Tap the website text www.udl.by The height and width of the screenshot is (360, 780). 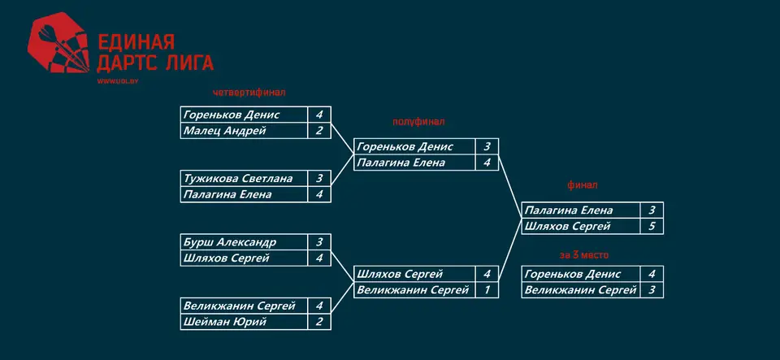coord(117,81)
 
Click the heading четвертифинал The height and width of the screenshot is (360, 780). coord(249,93)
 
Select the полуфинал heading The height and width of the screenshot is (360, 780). coord(418,122)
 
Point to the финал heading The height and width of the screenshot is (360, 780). coord(583,185)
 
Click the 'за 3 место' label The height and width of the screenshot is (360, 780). coord(584,255)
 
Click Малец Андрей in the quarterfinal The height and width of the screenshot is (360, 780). coord(225,131)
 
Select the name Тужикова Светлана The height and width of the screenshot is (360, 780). coord(238,179)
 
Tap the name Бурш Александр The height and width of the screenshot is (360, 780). coord(230,242)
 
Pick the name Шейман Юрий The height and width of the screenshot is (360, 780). coord(225,322)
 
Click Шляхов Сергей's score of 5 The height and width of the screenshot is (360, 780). coord(652,226)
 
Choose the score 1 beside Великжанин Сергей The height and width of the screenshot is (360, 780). coord(487,290)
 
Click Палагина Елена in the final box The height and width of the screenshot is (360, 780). coord(569,210)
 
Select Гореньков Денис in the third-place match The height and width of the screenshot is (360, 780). coord(573,274)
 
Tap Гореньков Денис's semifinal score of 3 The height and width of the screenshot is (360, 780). coord(487,147)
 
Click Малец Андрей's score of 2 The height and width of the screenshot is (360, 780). coord(319,131)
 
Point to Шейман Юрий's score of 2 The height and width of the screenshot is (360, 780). coord(319,322)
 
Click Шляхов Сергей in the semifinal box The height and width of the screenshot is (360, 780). coord(400,274)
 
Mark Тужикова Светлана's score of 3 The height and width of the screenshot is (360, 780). coord(319,179)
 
